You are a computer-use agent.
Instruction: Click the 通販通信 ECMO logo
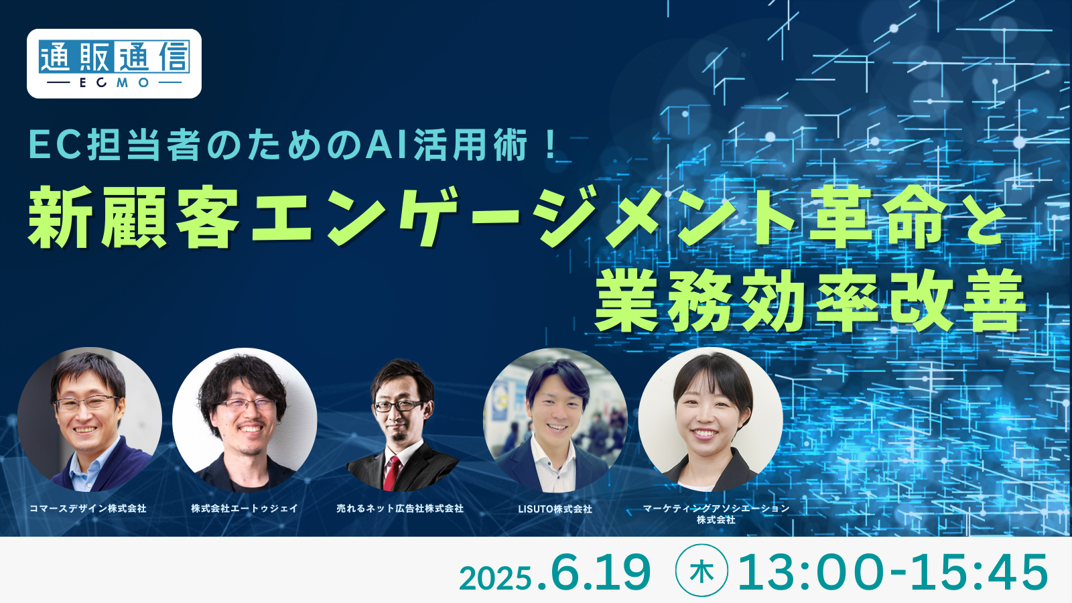click(x=114, y=64)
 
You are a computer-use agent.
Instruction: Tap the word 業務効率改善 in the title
click(x=810, y=300)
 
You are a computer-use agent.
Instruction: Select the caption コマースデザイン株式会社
click(x=88, y=509)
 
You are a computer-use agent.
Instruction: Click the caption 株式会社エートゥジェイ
click(x=245, y=509)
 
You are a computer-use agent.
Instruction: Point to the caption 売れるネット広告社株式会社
click(x=400, y=509)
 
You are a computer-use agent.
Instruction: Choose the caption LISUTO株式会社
click(x=555, y=509)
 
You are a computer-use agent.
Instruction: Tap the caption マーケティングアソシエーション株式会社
click(x=716, y=513)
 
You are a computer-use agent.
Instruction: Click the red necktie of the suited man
click(x=391, y=474)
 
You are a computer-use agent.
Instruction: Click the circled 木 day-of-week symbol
click(x=701, y=570)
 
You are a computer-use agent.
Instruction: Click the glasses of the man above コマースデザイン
click(x=86, y=403)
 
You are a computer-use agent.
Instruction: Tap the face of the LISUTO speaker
click(x=557, y=411)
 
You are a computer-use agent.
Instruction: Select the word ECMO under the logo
click(x=114, y=82)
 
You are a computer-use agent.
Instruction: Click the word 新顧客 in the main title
click(x=134, y=217)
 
